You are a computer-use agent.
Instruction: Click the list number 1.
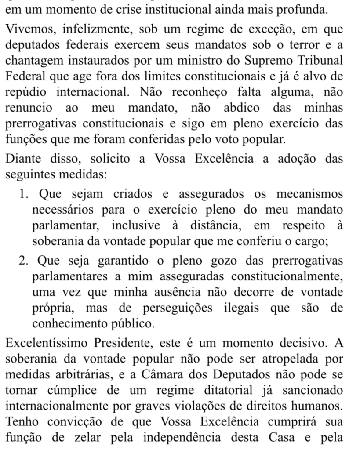click(24, 193)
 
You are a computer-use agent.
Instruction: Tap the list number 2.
click(24, 261)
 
